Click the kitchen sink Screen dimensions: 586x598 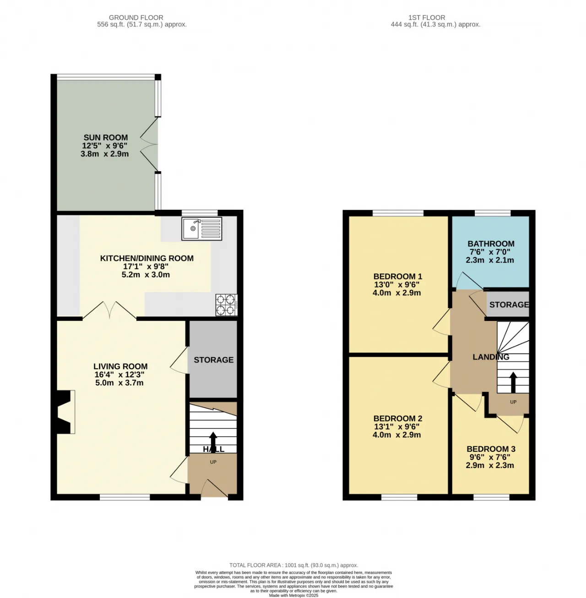201,228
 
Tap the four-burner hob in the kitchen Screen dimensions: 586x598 226,305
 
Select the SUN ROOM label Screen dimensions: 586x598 106,137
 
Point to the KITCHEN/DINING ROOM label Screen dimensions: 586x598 147,258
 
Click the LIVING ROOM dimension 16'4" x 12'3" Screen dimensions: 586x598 119,375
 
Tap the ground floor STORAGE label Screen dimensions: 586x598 213,359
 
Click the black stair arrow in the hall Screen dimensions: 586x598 213,442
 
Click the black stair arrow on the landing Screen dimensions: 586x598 513,382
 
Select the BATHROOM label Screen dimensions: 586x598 491,244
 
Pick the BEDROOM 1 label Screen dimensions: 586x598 397,276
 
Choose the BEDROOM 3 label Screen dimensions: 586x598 491,449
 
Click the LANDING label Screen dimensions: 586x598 491,357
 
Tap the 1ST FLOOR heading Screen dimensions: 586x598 427,18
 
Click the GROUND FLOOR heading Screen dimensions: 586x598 136,18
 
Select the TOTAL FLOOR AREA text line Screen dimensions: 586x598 293,565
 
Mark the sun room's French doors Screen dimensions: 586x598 150,144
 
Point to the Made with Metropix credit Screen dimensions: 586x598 293,595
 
